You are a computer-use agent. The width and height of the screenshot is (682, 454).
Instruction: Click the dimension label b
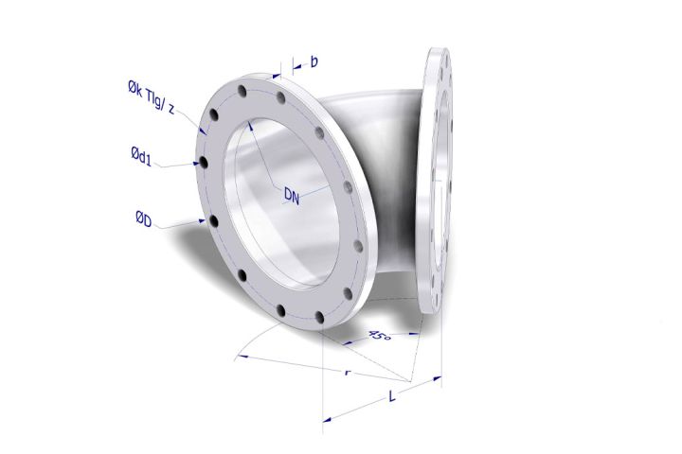click(314, 61)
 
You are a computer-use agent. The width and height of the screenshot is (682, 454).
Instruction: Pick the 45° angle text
click(380, 334)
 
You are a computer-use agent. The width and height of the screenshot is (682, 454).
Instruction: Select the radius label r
click(348, 373)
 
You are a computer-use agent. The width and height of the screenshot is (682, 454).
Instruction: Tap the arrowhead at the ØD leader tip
click(204, 219)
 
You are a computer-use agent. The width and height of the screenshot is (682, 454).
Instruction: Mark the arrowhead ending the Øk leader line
click(202, 130)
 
